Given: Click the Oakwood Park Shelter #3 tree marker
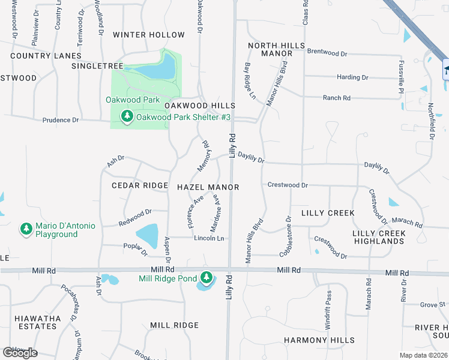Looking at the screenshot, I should pos(127,116).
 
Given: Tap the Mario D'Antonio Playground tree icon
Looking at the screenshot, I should pos(26,229).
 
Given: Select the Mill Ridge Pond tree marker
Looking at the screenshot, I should pos(206,278).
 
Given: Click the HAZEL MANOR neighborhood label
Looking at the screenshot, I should pos(208,187).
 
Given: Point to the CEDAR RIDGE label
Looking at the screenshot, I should pos(140,185).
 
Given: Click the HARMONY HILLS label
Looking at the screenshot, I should pos(319,340).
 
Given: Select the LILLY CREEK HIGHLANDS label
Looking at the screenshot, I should pos(378,237).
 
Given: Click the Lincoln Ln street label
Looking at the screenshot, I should pos(209,238).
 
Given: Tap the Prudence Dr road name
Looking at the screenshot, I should pos(61,120).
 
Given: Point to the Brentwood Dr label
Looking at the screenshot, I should pos(327,53).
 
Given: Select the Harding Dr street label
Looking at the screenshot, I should pos(352,77).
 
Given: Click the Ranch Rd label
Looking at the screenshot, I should pos(336,98).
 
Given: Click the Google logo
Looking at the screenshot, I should pos(20,353).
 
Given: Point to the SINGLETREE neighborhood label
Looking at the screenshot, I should pos(97,65).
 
